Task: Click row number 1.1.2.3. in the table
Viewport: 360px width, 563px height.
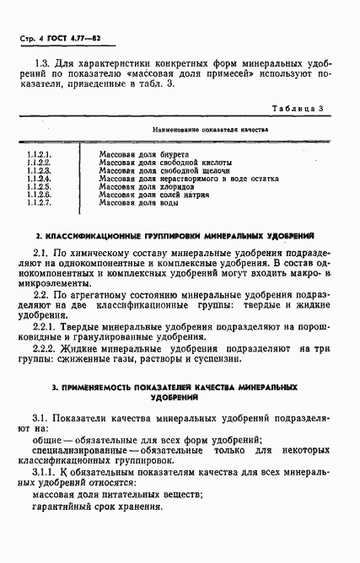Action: point(40,170)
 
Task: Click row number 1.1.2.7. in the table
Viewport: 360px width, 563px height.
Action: point(40,202)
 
